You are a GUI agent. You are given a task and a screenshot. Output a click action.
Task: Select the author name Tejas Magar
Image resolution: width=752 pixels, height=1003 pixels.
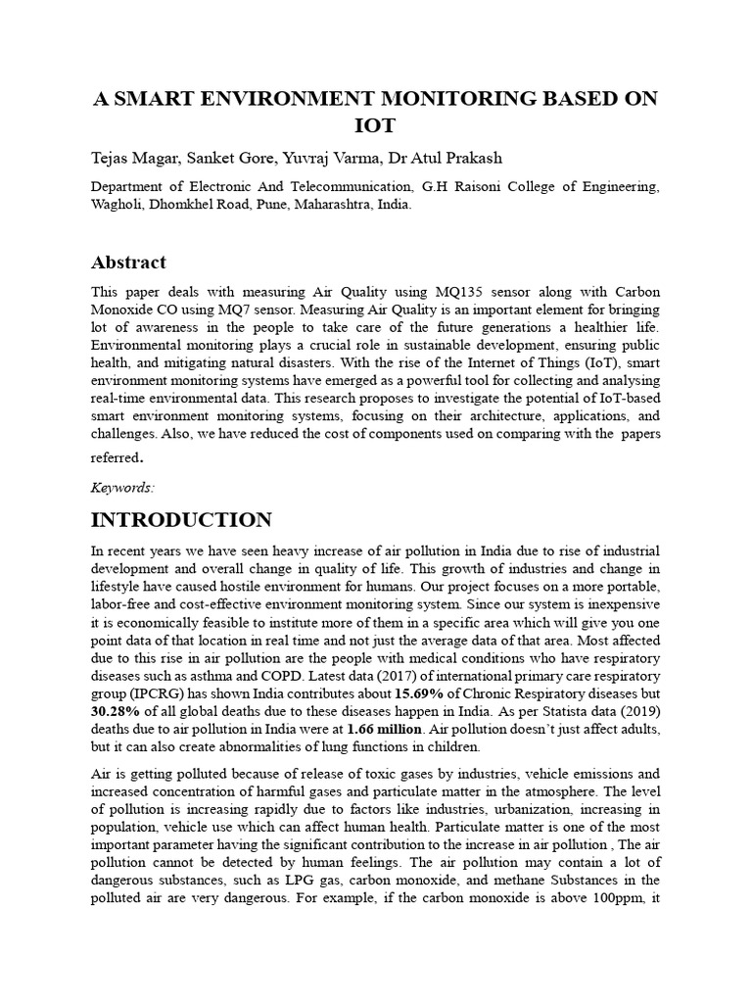click(131, 160)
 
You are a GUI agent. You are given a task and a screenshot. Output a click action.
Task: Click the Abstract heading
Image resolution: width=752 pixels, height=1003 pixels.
click(128, 263)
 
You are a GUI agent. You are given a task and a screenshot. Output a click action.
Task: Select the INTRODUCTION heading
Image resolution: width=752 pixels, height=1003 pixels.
click(181, 519)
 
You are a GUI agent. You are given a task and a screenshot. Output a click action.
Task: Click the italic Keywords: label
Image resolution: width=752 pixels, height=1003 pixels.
click(122, 487)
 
